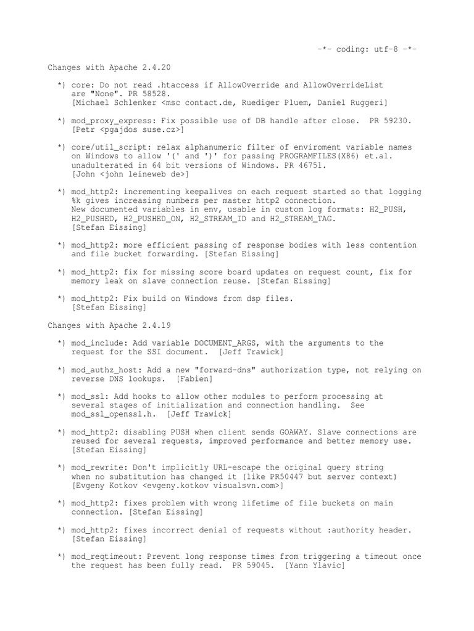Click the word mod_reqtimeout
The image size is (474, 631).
(x=104, y=556)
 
